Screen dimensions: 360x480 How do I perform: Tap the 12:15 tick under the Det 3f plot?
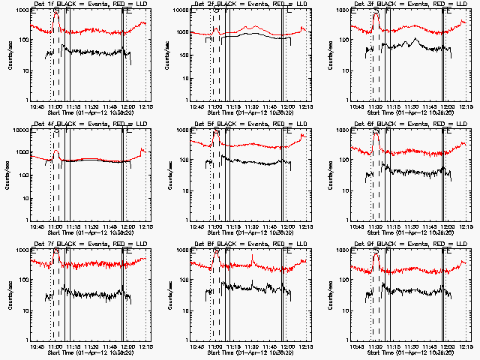click(x=466, y=106)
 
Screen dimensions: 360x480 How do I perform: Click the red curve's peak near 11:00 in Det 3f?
click(x=376, y=15)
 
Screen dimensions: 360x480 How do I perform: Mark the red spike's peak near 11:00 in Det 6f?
click(x=376, y=133)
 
